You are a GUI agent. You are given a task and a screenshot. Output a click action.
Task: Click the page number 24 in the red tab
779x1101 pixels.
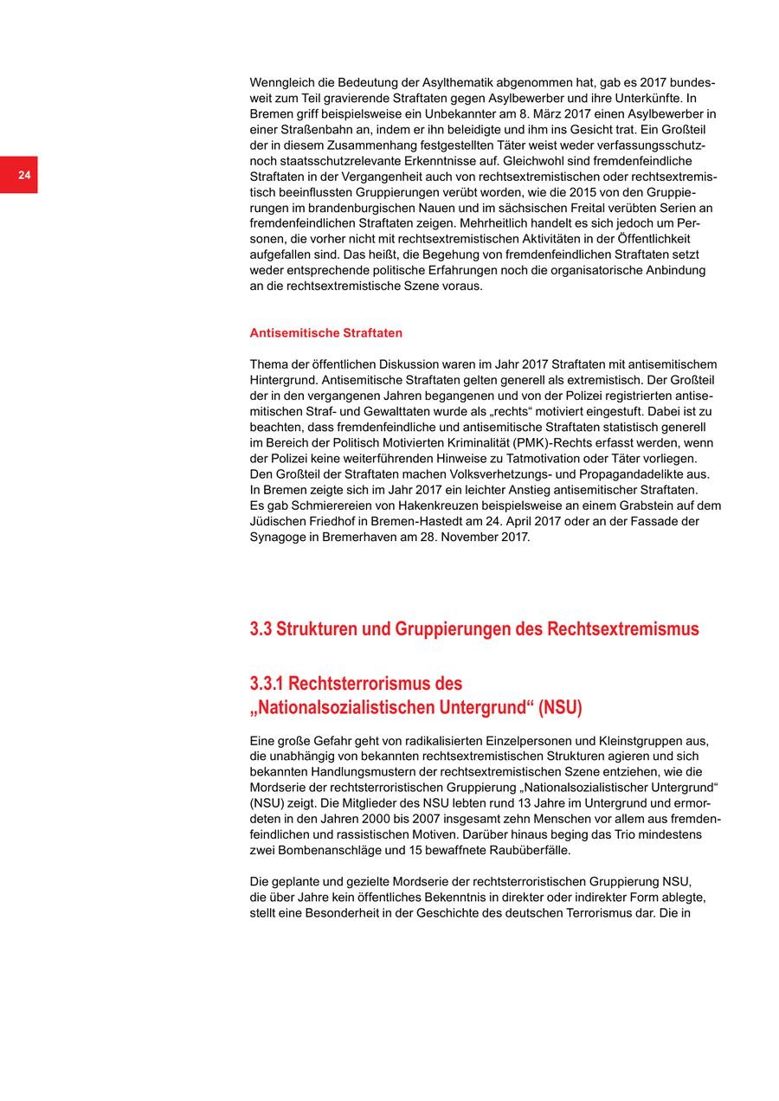[24, 176]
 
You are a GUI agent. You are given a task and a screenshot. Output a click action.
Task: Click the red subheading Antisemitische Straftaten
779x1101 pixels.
[325, 333]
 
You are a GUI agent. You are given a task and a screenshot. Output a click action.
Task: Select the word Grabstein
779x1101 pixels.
[623, 505]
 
